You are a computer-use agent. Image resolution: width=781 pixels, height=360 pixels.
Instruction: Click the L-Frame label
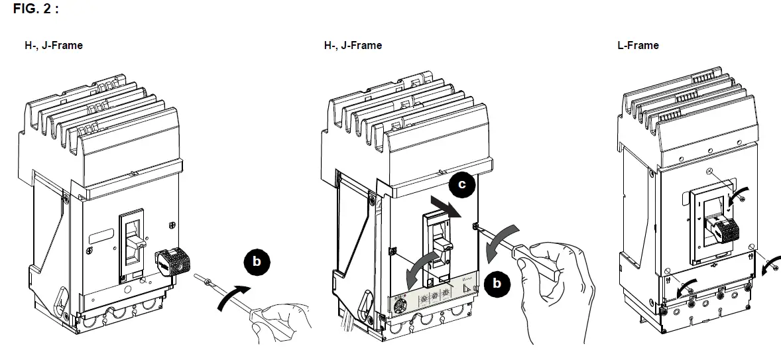(x=638, y=45)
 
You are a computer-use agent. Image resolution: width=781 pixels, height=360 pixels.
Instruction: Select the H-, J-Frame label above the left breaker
(x=54, y=45)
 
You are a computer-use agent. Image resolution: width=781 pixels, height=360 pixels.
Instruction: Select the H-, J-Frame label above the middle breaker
(x=353, y=45)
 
